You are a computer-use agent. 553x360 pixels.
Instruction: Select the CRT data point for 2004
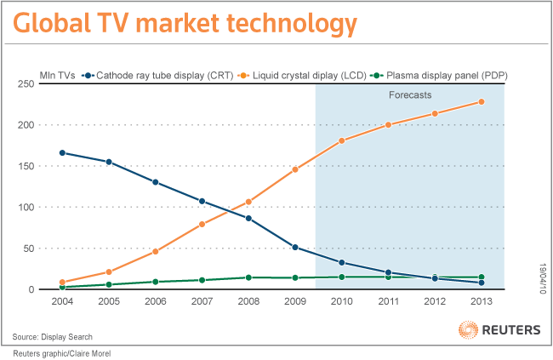[63, 153]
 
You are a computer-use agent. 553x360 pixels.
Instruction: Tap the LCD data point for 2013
[482, 102]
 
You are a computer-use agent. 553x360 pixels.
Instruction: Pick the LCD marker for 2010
[341, 140]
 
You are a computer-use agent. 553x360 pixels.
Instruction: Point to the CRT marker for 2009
[295, 248]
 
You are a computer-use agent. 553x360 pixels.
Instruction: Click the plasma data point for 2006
[156, 282]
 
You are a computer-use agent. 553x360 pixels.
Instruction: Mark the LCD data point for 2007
[202, 224]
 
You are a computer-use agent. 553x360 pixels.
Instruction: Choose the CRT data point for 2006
[156, 182]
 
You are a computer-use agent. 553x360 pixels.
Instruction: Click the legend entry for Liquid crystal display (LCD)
[311, 76]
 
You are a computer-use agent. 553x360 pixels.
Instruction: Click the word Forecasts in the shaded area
[410, 95]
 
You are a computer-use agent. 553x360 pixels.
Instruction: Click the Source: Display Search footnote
[50, 336]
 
